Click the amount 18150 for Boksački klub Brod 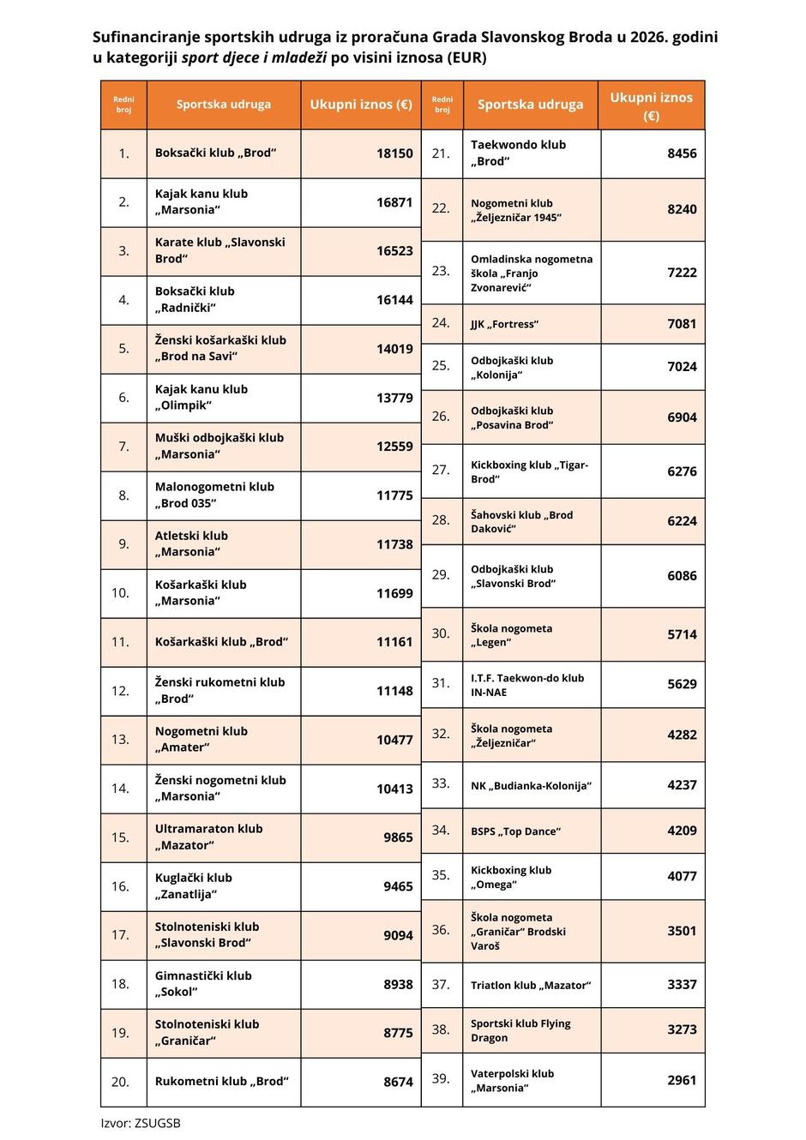coord(394,153)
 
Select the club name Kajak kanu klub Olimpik coord(201,397)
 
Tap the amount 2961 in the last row coord(682,1080)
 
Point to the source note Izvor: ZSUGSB coord(141,1123)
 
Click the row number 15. coord(121,837)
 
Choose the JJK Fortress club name coord(504,324)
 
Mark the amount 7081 coord(682,324)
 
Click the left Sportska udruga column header coord(223,105)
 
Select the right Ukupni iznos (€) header coord(651,105)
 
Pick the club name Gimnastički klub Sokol coord(203,984)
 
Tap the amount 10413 coord(394,789)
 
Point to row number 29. coord(441,575)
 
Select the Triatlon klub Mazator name coord(531,985)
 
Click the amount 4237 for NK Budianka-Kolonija coord(682,784)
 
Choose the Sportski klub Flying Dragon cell coord(520,1030)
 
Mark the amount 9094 coord(398,935)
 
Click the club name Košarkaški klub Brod coord(221,642)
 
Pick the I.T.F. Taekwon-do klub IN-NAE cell coord(526,685)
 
